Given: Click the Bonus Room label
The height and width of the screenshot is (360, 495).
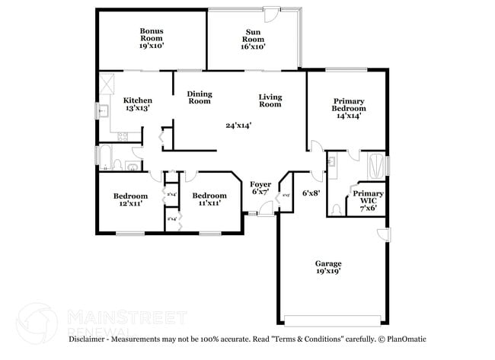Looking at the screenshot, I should tap(151, 38).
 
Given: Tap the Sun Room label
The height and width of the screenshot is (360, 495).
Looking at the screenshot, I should tap(254, 38).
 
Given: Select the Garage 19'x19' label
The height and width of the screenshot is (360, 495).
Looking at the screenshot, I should tap(328, 267).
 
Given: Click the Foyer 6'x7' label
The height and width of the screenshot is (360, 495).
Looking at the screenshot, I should tap(261, 187).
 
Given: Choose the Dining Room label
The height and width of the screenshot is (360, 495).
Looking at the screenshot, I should tap(200, 97).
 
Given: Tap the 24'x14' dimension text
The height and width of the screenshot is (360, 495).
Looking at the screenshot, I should tap(238, 126).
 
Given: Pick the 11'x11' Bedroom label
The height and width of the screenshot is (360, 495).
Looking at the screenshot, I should tap(209, 199).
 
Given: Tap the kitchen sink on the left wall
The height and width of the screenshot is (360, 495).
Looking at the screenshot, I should tap(104, 110).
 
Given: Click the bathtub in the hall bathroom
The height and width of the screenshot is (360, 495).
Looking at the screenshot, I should tap(107, 161).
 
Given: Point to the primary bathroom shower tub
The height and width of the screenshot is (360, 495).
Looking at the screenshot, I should tap(375, 163).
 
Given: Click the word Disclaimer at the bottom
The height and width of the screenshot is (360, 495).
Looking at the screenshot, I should tap(91, 339).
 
